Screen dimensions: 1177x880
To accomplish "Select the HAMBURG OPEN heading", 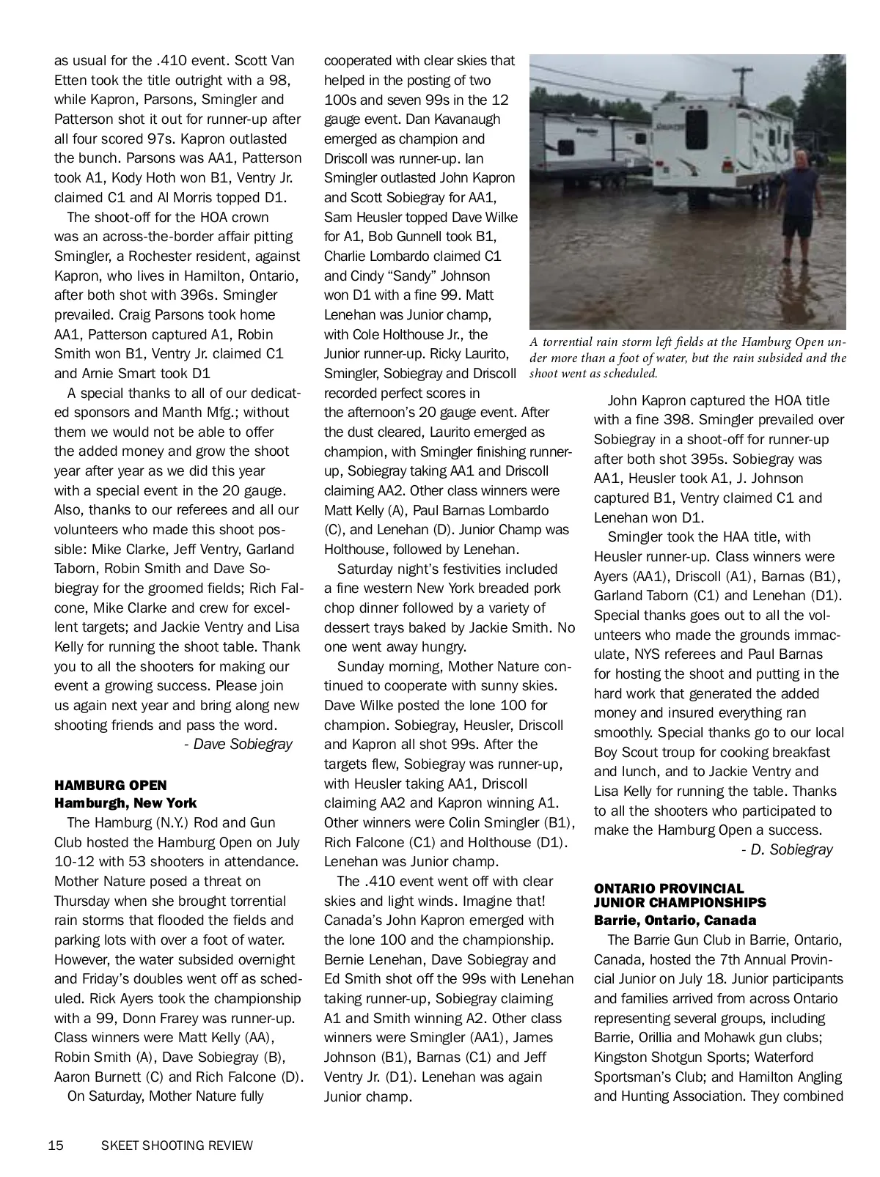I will (x=111, y=785).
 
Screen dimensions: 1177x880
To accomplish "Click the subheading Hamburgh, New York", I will (x=125, y=803).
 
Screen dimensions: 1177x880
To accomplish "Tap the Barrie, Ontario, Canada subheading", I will (x=675, y=920).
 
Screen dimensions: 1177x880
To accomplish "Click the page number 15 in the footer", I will (x=56, y=1145).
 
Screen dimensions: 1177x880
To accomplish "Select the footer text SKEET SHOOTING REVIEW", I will (x=177, y=1145).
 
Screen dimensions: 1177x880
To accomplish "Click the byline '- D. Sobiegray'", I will (x=787, y=849).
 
